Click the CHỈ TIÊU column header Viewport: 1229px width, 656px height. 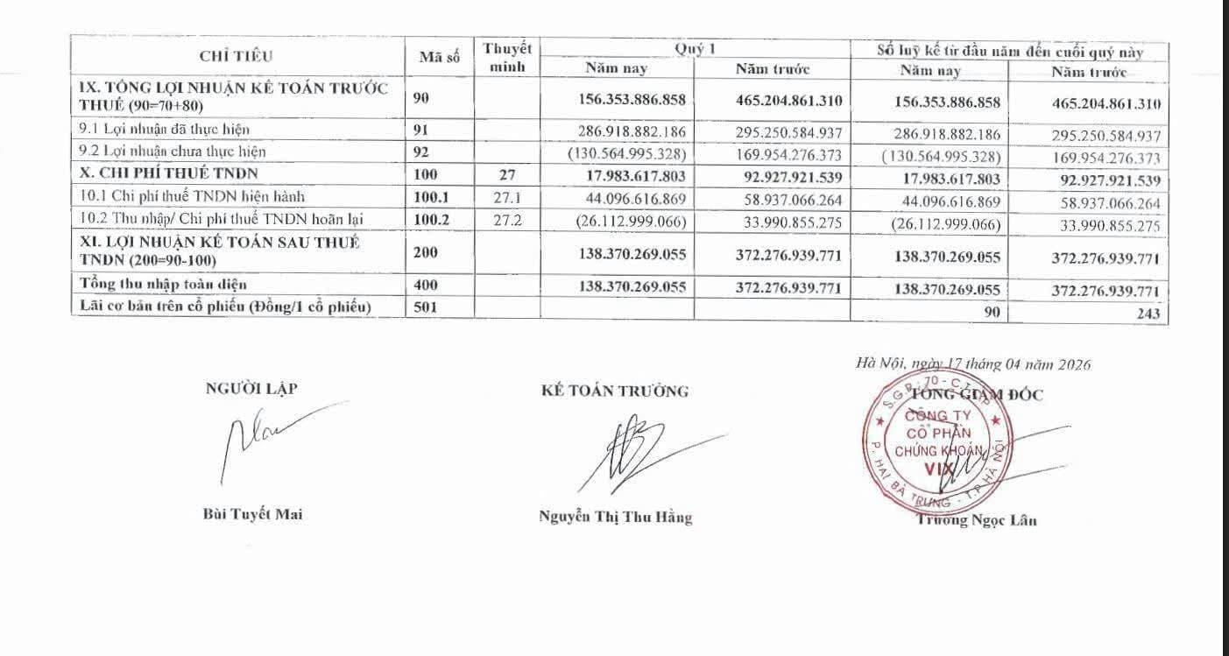pyautogui.click(x=236, y=57)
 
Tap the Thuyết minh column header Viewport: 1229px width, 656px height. pyautogui.click(x=507, y=57)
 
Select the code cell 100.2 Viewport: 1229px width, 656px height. pyautogui.click(x=431, y=220)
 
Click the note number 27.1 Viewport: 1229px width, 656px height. pyautogui.click(x=507, y=197)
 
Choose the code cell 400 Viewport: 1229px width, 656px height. pyautogui.click(x=425, y=285)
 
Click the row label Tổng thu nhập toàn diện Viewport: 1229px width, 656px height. pyautogui.click(x=163, y=284)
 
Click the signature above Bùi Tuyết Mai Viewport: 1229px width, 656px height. pyautogui.click(x=263, y=438)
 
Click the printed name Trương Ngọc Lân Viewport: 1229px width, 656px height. pyautogui.click(x=978, y=520)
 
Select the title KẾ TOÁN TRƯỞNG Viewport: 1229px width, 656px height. pyautogui.click(x=615, y=391)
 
